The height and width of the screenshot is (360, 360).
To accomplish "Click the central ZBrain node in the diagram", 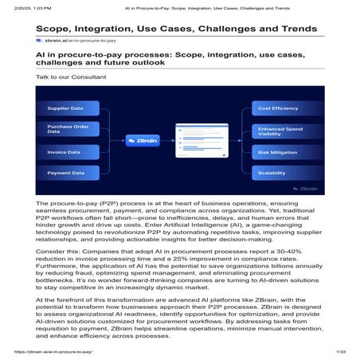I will [143, 140].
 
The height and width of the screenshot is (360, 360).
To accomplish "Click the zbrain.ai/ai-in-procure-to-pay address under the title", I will [80, 40].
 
